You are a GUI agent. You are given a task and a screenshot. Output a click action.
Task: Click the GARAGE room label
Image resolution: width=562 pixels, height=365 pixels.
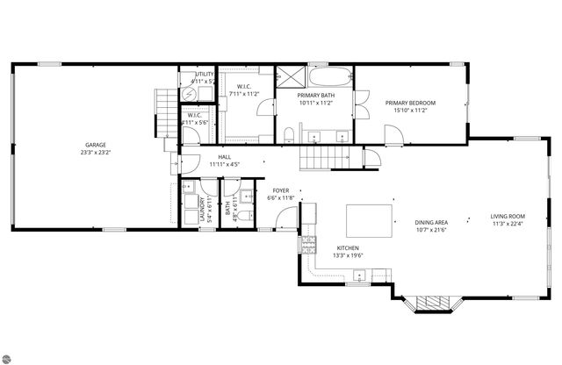[x=95, y=143]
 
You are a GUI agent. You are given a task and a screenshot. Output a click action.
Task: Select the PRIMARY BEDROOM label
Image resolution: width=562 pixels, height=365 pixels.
[x=411, y=103]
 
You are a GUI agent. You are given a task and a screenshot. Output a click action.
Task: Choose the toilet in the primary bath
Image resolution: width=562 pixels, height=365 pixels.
[x=288, y=134]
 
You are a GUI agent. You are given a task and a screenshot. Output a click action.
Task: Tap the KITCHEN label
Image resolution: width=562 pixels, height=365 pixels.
[x=348, y=248]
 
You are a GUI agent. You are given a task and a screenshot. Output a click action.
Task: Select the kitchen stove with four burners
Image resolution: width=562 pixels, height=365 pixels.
[x=308, y=242]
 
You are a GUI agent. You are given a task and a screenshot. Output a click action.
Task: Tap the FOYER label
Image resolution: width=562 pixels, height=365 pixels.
[x=281, y=190]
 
